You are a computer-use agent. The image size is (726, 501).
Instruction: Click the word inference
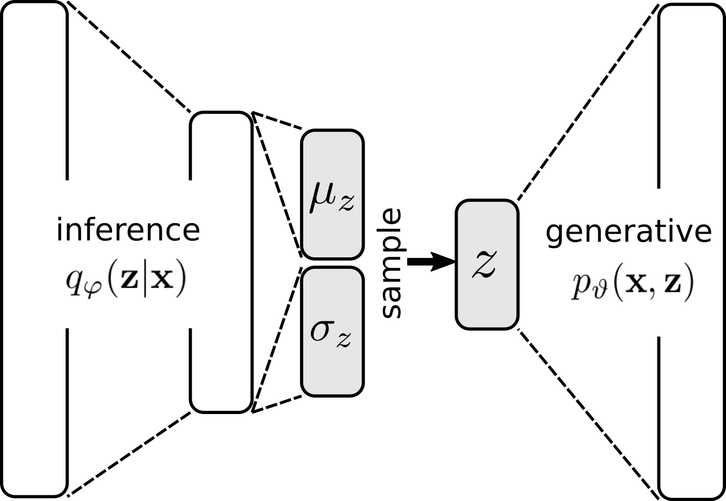[128, 230]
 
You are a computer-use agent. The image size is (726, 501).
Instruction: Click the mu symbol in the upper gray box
[323, 197]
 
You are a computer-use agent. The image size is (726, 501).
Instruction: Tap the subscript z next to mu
[346, 203]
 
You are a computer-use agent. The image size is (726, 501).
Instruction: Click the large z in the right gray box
[485, 264]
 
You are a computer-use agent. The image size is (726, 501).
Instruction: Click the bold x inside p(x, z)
[637, 282]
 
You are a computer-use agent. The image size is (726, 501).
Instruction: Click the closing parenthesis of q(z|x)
[181, 280]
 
